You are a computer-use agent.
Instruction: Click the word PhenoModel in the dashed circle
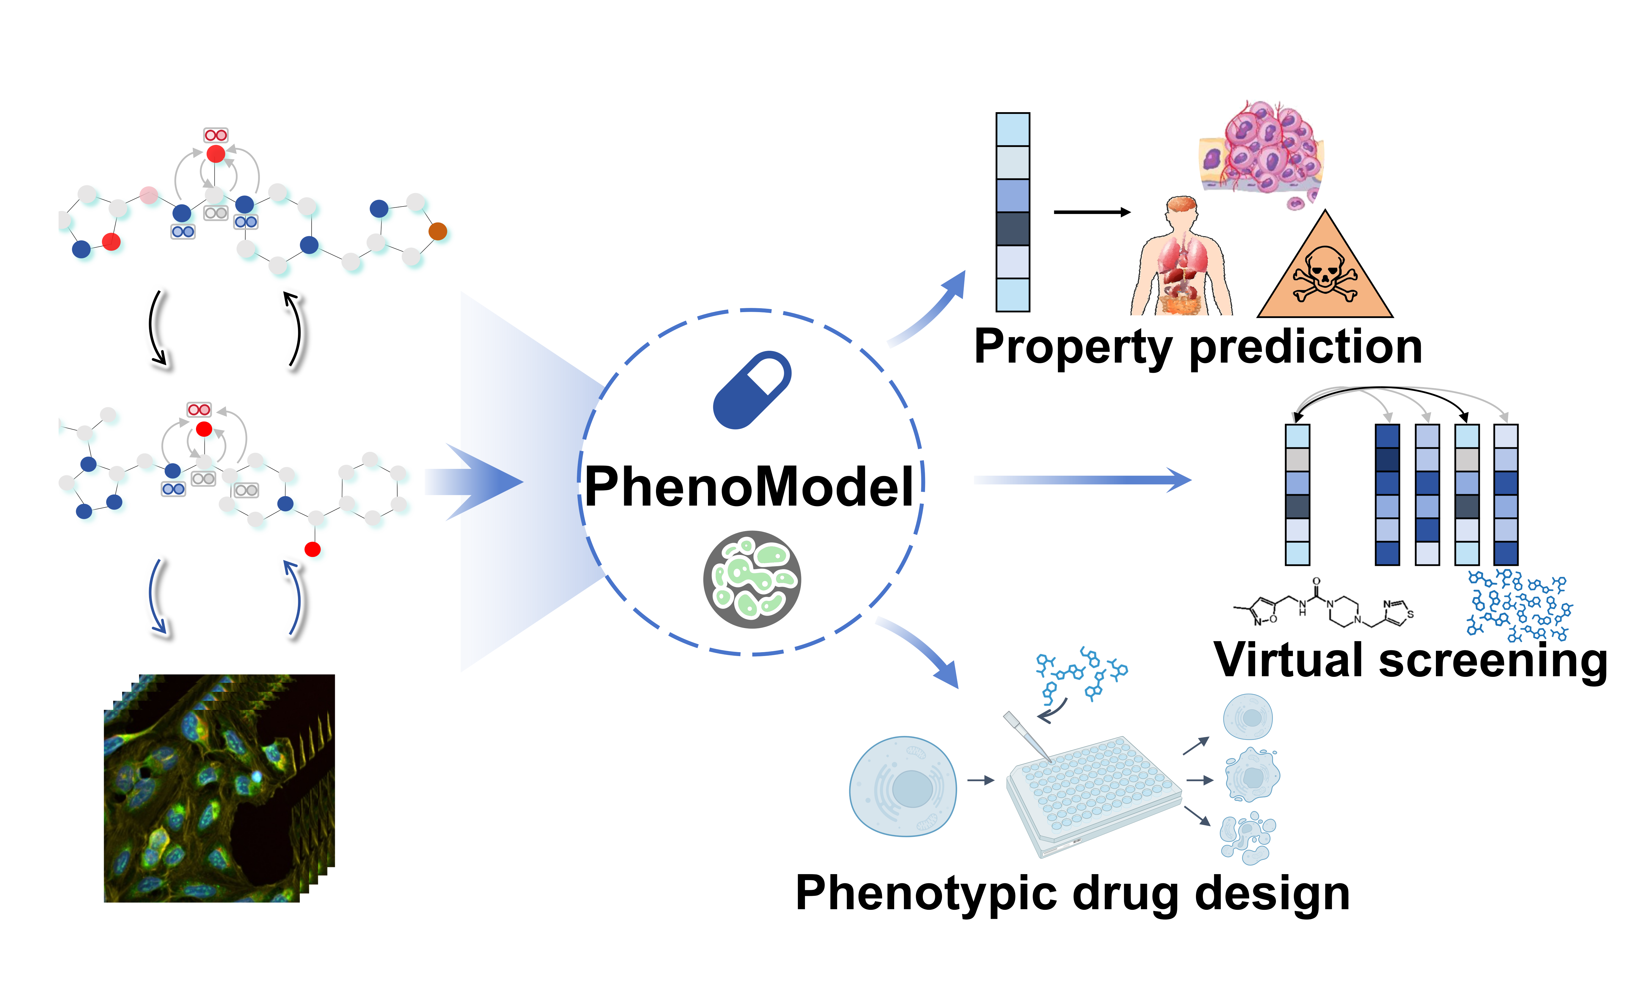(x=749, y=487)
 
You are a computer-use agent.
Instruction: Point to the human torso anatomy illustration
(x=1182, y=258)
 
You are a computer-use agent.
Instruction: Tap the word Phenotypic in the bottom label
(x=927, y=894)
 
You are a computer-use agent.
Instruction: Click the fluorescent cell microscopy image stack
(x=219, y=788)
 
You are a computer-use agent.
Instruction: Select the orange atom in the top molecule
(x=437, y=231)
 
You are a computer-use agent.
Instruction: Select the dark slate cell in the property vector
(x=1013, y=228)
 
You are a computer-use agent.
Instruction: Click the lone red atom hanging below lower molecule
(x=313, y=549)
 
